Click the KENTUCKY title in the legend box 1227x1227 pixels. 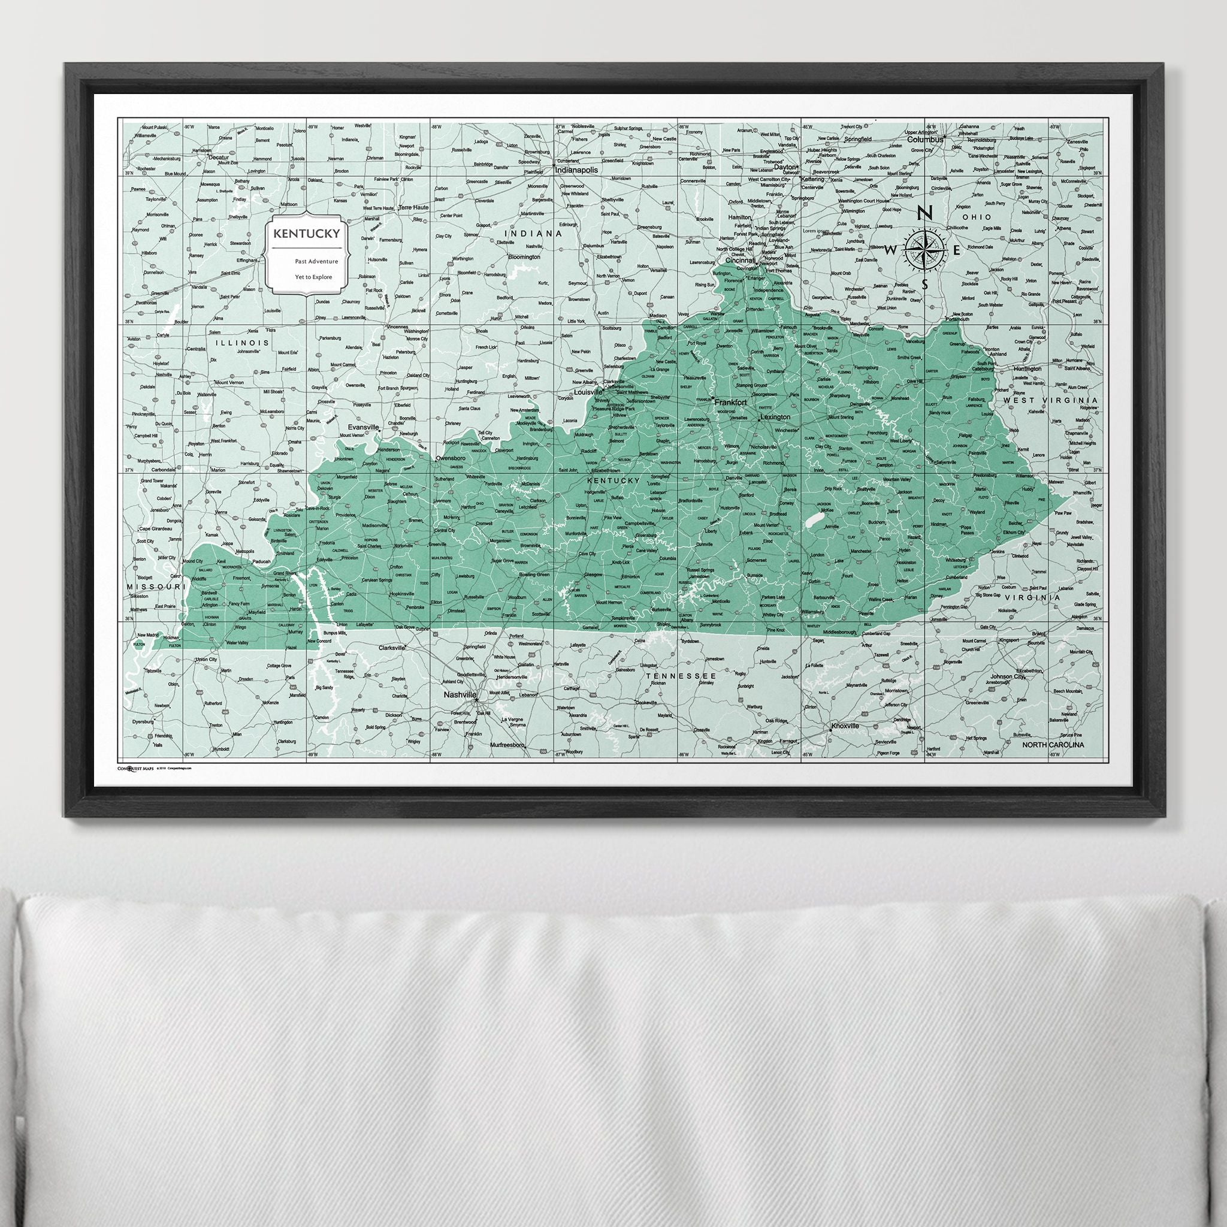(x=306, y=233)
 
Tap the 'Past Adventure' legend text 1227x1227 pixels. (x=316, y=261)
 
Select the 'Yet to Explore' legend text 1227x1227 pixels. (x=313, y=276)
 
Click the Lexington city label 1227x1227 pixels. (x=775, y=417)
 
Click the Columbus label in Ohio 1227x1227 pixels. (x=924, y=139)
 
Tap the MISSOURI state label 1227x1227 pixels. (x=155, y=585)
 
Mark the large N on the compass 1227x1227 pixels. (x=926, y=213)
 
